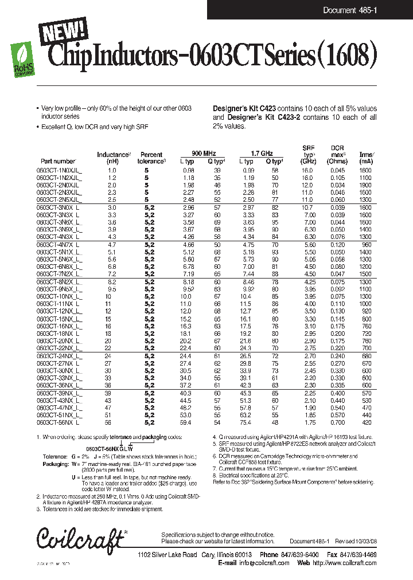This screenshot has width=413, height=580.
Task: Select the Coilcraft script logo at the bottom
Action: tap(80, 538)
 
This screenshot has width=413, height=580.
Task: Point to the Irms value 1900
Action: tap(365, 185)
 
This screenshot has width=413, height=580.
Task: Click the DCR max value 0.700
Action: tap(338, 422)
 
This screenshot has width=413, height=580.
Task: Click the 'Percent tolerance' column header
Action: tap(151, 158)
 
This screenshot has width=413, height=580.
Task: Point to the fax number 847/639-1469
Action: tap(357, 555)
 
